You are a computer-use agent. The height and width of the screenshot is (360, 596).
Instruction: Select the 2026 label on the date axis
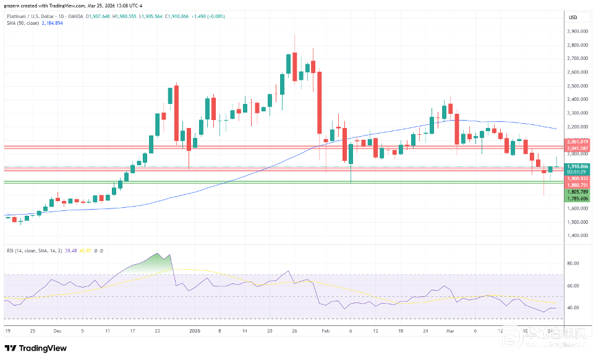pyautogui.click(x=195, y=331)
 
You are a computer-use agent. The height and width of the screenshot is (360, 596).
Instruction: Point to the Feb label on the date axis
pyautogui.click(x=325, y=331)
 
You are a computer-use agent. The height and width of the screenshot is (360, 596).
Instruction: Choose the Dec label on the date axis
pyautogui.click(x=57, y=331)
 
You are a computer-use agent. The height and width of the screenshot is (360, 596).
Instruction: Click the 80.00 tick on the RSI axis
pyautogui.click(x=573, y=264)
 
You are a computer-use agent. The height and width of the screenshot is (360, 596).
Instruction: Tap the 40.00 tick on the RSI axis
pyautogui.click(x=573, y=307)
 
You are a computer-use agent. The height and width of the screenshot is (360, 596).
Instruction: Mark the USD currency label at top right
pyautogui.click(x=573, y=17)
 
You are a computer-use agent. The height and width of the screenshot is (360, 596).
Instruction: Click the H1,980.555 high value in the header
pyautogui.click(x=127, y=15)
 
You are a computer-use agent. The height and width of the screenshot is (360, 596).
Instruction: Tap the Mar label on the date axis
pyautogui.click(x=450, y=331)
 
